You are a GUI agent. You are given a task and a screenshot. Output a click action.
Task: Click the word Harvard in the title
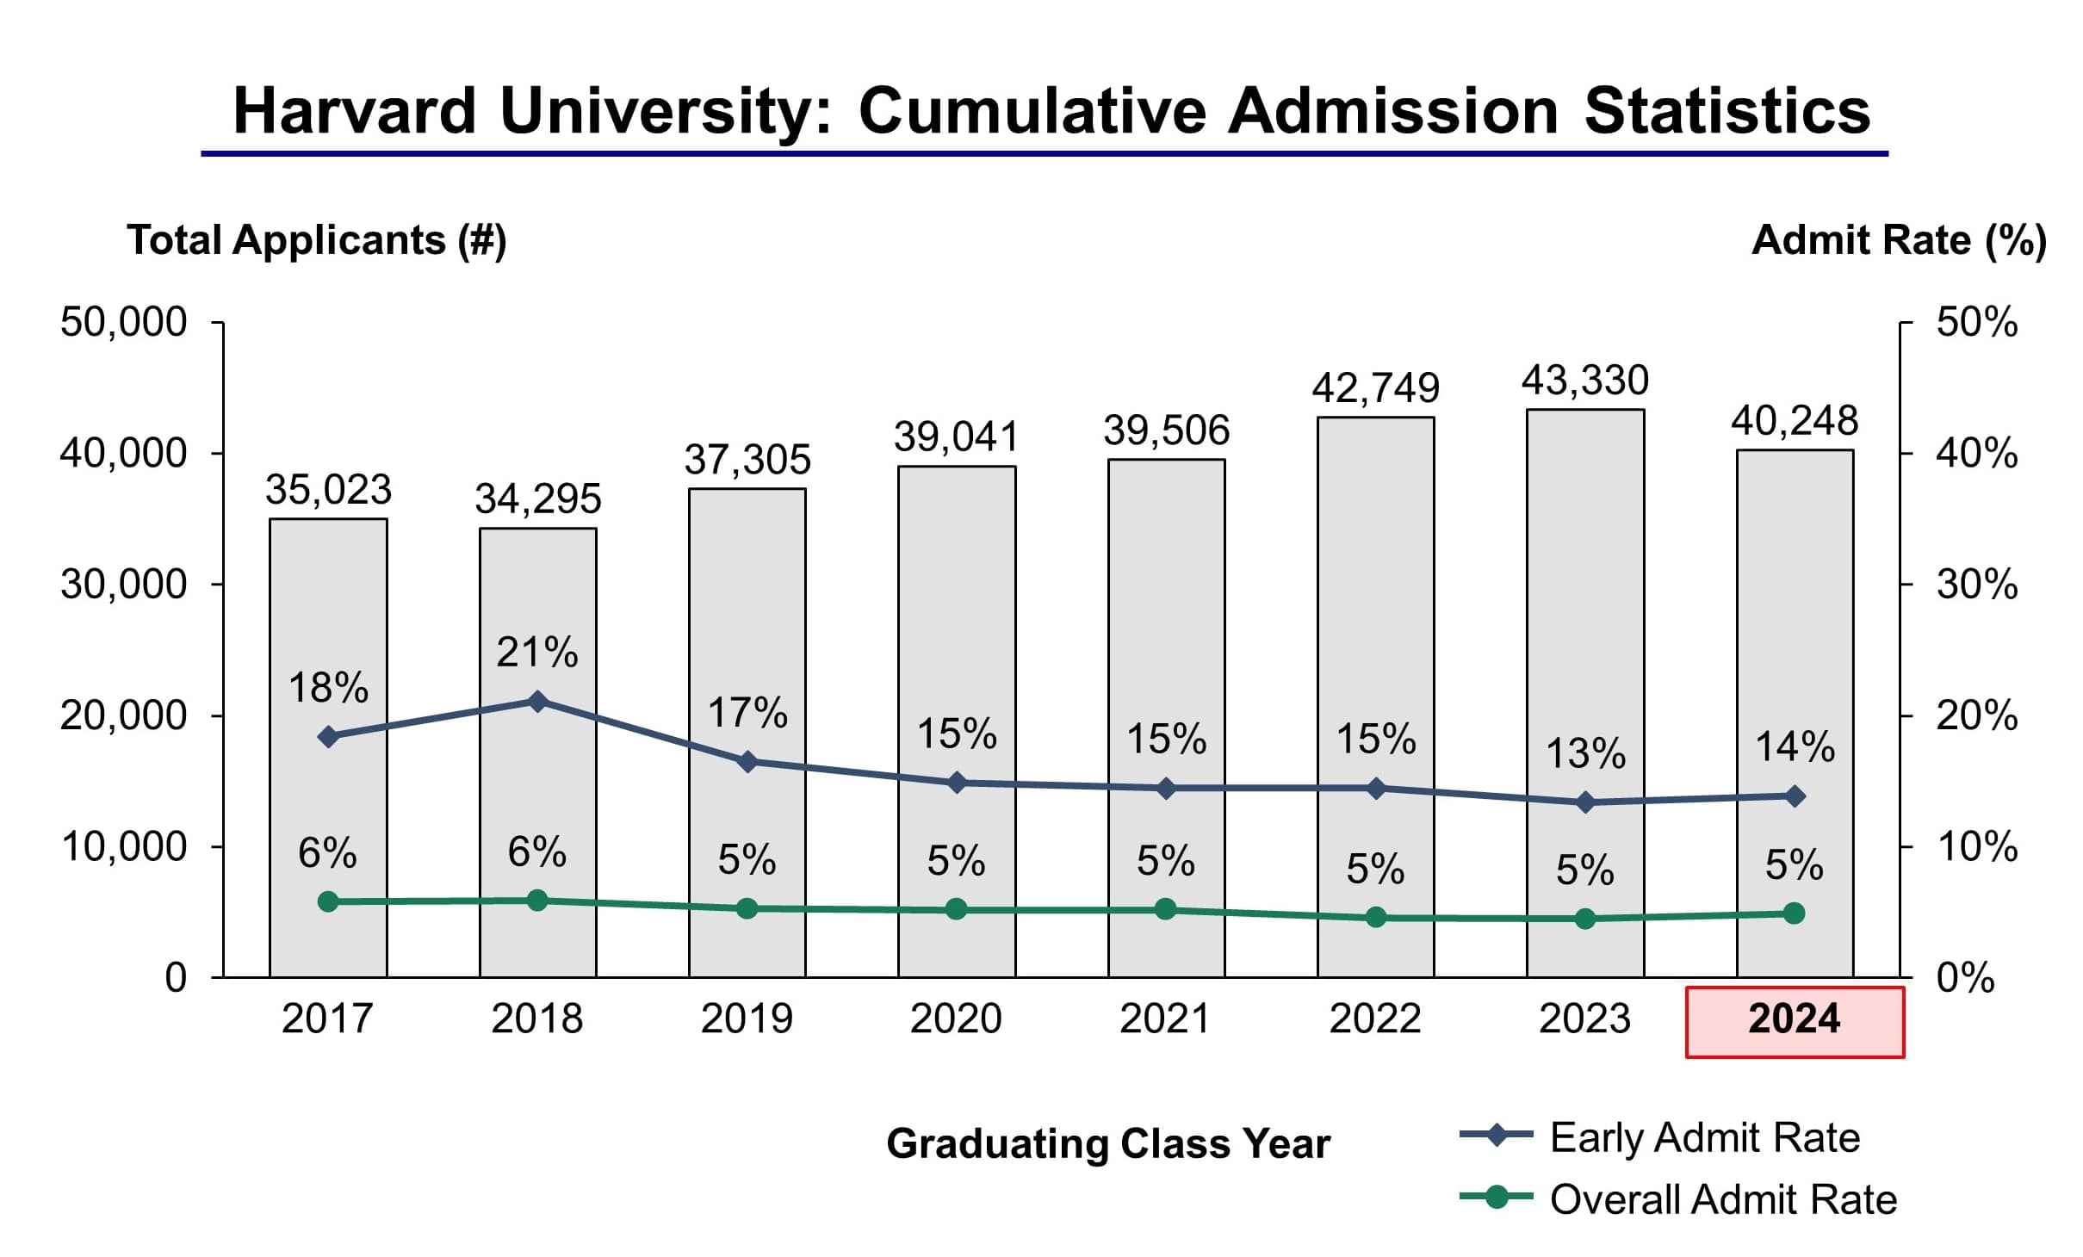coord(354,112)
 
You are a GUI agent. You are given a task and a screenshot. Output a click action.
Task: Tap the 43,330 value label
coord(1584,381)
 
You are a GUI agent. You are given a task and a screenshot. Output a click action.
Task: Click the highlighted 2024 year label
coord(1794,1020)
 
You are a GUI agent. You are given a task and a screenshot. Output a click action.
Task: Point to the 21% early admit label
coord(536,652)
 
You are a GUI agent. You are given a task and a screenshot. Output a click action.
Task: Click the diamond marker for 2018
coord(537,701)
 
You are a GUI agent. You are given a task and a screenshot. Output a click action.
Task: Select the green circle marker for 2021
coord(1165,909)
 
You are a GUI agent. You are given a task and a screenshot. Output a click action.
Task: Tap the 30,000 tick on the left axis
coord(123,585)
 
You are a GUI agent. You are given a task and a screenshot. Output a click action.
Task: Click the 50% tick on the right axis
coord(1976,323)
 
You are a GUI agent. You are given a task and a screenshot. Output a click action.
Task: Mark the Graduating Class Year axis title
coord(1108,1144)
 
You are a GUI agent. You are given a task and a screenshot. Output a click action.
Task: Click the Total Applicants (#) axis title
coord(316,240)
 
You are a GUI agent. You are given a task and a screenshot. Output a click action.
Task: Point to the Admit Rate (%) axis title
coord(1899,240)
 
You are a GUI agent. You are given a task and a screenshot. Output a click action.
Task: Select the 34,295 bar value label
coord(537,499)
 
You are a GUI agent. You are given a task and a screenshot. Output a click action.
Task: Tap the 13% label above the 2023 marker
coord(1585,753)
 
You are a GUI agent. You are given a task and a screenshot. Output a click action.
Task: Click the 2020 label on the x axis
coord(956,1019)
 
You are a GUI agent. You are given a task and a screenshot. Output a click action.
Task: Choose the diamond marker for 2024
coord(1795,796)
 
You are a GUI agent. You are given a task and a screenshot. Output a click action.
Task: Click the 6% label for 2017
coord(327,853)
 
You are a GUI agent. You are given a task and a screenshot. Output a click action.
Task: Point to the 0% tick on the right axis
coord(1965,979)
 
